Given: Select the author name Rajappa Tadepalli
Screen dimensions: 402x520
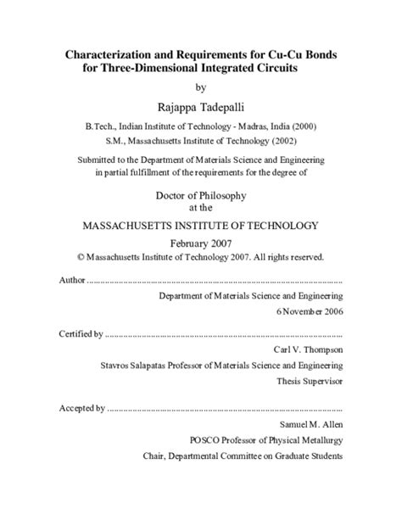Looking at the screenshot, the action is (x=200, y=106).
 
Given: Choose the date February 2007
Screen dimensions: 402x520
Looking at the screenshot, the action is (x=200, y=243).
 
